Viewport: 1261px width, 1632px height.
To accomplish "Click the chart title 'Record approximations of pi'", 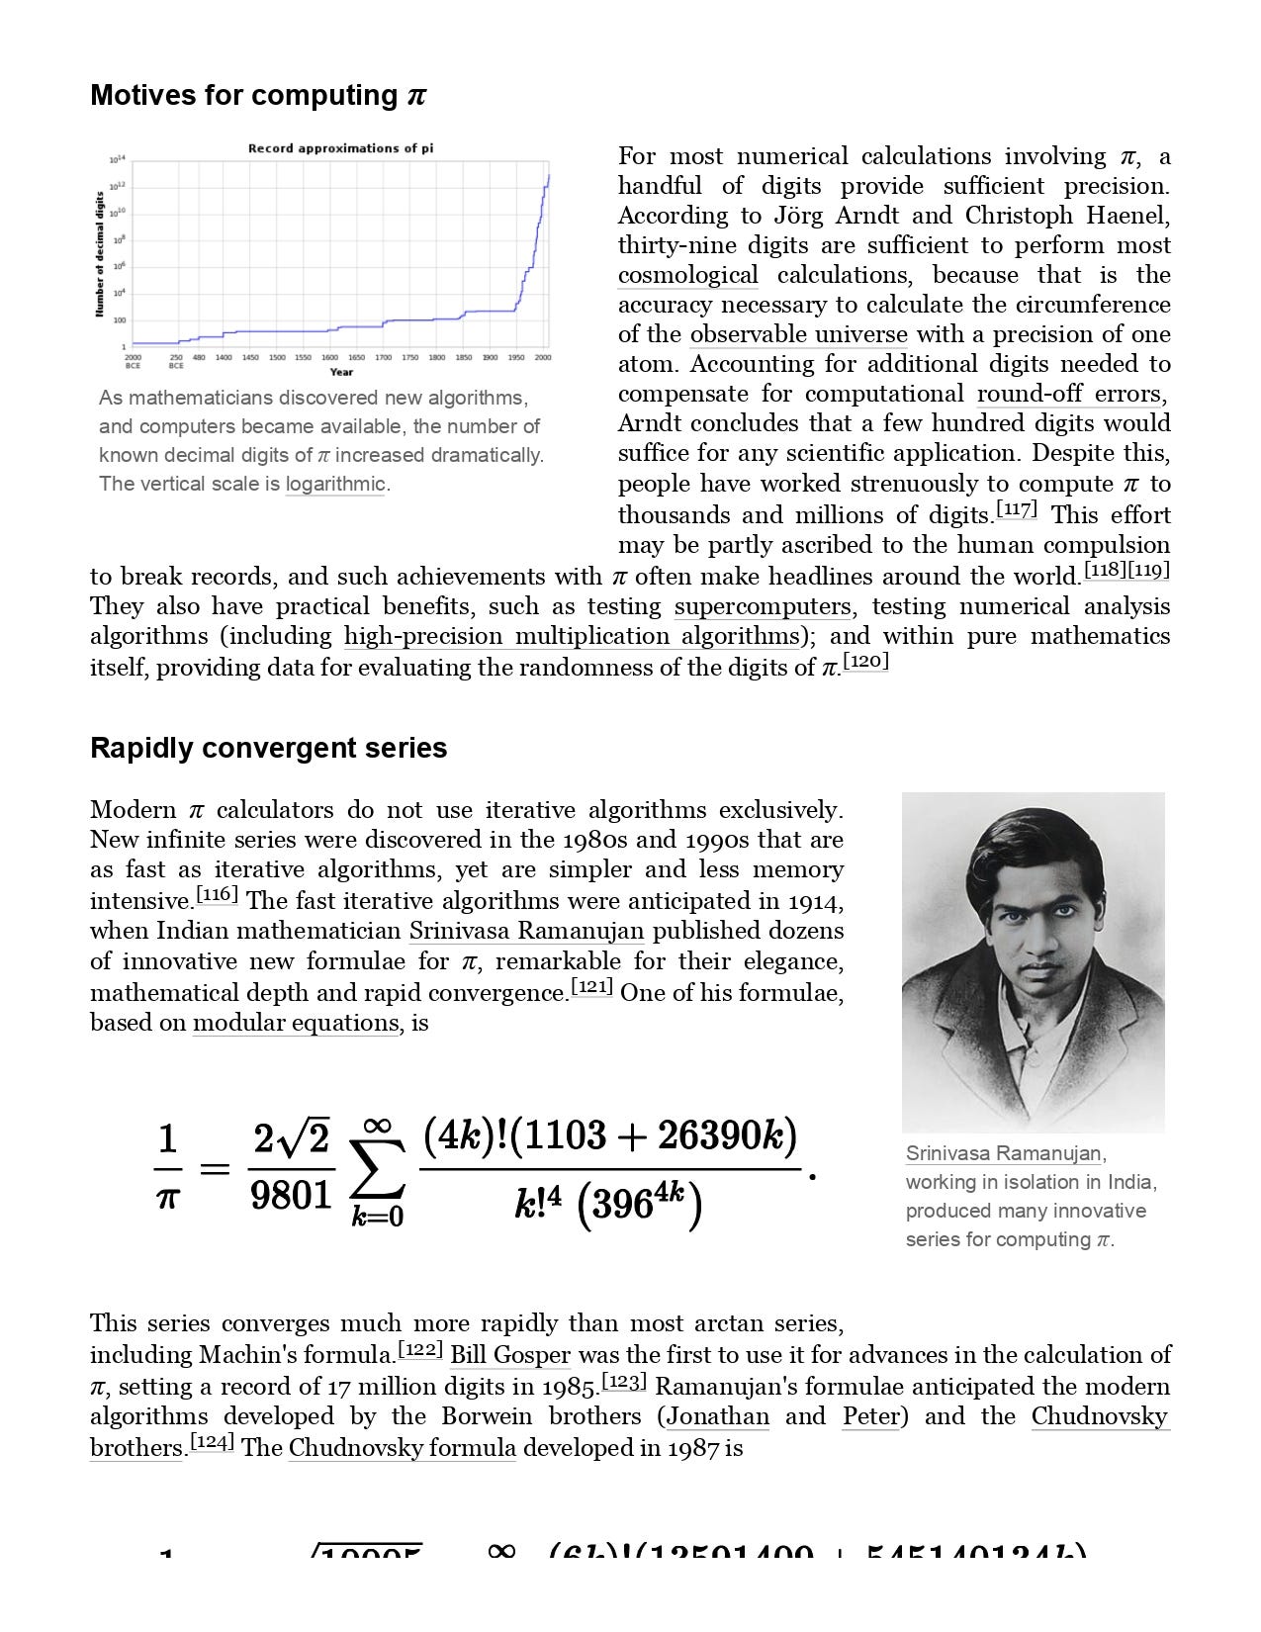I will (x=340, y=148).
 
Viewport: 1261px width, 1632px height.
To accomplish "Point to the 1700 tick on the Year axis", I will (x=383, y=357).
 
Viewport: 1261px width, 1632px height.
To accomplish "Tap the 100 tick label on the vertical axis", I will (x=120, y=320).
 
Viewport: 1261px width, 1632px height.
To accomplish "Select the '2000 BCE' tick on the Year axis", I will (x=133, y=361).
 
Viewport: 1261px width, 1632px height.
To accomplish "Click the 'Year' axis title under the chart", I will (x=341, y=372).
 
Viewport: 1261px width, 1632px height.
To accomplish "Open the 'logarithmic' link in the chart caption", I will (x=335, y=484).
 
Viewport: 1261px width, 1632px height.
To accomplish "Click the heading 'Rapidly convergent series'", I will (x=268, y=748).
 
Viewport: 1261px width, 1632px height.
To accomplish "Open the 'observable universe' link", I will (x=798, y=334).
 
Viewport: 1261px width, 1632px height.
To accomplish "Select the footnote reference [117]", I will (x=1016, y=510).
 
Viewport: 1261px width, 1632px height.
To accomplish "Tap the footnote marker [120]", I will (x=865, y=662).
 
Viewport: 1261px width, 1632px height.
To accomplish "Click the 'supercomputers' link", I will (x=762, y=606).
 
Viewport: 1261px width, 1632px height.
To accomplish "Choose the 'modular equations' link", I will (x=296, y=1023).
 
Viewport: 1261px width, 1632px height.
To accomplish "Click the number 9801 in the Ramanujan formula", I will (x=291, y=1196).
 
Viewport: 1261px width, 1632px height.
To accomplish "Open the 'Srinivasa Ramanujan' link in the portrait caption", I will (x=1003, y=1153).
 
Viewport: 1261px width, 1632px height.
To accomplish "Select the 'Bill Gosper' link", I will (x=510, y=1355).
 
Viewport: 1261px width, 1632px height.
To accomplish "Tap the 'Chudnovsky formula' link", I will (x=402, y=1448).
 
